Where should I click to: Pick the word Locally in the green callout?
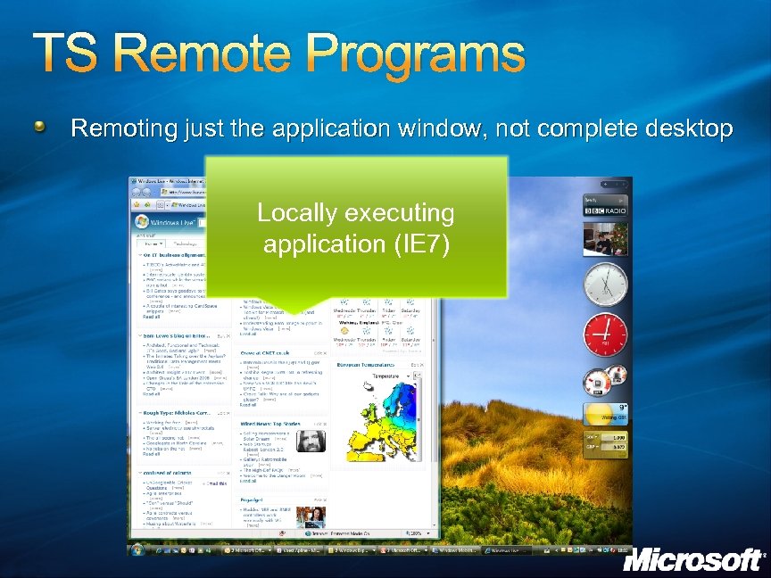pyautogui.click(x=293, y=213)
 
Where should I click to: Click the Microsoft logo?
pyautogui.click(x=692, y=559)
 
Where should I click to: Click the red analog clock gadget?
pyautogui.click(x=605, y=335)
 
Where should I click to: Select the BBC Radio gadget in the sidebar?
pyautogui.click(x=606, y=210)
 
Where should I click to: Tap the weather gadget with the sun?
pyautogui.click(x=605, y=415)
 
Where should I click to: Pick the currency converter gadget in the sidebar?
pyautogui.click(x=605, y=443)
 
